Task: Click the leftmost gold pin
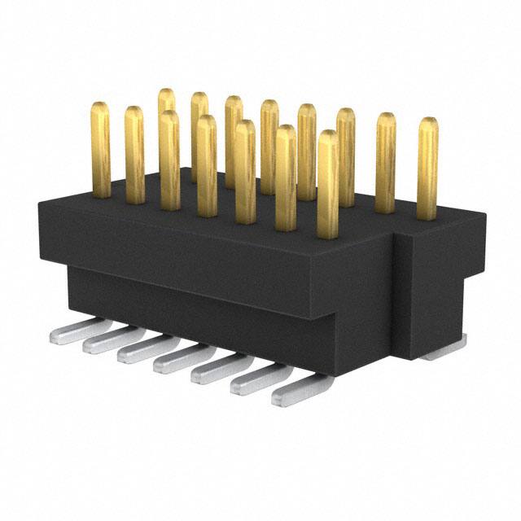pos(101,151)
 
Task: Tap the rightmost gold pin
pos(427,169)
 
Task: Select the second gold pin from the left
pos(134,155)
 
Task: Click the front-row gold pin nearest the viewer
pos(327,183)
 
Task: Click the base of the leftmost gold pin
pos(101,194)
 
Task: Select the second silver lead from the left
pos(110,339)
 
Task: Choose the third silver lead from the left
pos(145,350)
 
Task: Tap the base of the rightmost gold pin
pos(427,216)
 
